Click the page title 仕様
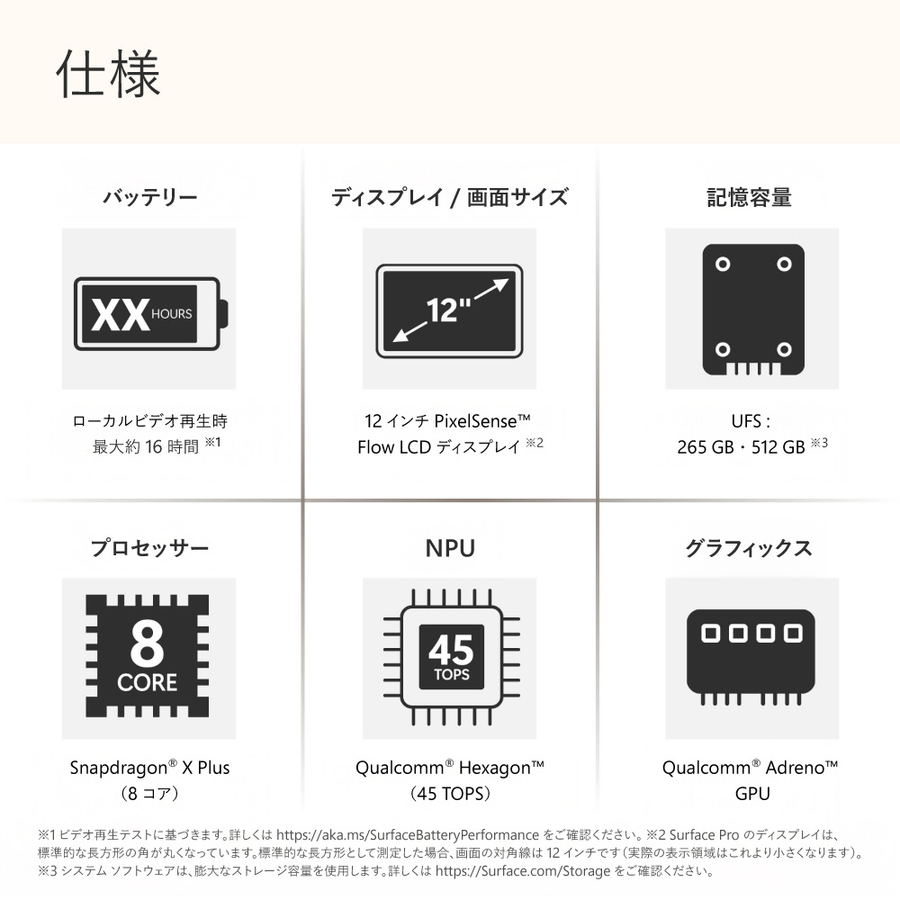click(x=108, y=74)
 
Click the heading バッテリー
click(x=149, y=197)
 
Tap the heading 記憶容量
click(x=750, y=197)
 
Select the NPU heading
click(x=450, y=548)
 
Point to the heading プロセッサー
click(x=149, y=547)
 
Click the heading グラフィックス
click(x=749, y=547)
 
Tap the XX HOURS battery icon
click(x=151, y=313)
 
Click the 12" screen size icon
click(x=449, y=310)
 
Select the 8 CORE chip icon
click(x=148, y=656)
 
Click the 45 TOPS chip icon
click(x=451, y=657)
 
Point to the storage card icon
click(x=753, y=310)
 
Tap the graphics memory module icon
click(x=751, y=657)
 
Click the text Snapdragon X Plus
click(x=149, y=768)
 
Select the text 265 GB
click(x=706, y=446)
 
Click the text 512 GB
click(x=778, y=446)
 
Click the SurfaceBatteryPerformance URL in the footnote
click(x=408, y=834)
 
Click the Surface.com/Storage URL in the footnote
click(x=522, y=870)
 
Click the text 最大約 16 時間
click(x=146, y=446)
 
